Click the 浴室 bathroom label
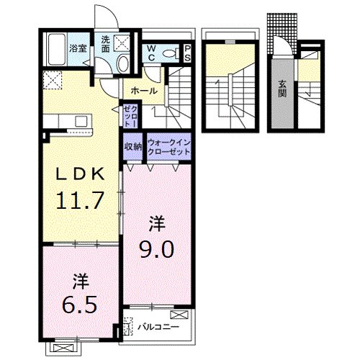[x=77, y=49]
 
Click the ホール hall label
[x=145, y=91]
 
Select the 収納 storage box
[x=132, y=148]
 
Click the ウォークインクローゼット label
[x=168, y=148]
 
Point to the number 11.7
[x=80, y=196]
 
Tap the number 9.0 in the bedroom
[x=158, y=249]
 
